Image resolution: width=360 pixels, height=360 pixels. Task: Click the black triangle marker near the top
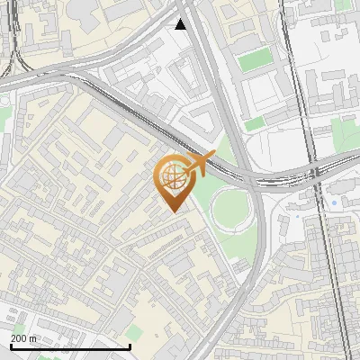pos(181,24)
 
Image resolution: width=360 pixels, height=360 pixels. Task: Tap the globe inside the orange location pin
pos(171,177)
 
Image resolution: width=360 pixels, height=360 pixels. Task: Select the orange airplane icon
pos(200,164)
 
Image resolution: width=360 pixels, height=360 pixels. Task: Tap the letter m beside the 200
pos(34,338)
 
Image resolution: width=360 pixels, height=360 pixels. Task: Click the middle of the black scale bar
pos(70,346)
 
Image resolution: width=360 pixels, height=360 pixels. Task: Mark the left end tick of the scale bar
pos(10,346)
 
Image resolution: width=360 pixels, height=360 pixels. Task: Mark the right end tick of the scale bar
pos(130,346)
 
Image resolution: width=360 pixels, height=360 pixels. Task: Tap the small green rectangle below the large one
pos(256,122)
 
